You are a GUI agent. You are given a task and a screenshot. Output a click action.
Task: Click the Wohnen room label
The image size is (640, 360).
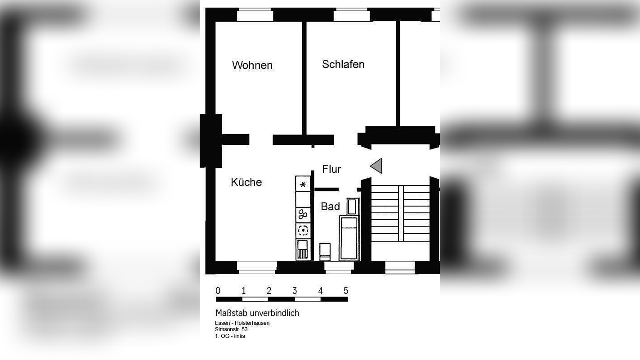click(252, 65)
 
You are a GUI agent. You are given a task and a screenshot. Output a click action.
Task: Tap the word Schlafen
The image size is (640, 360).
click(343, 64)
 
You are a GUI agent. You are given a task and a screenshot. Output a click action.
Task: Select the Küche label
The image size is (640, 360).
click(246, 182)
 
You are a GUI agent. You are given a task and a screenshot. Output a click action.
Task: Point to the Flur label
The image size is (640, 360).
click(331, 169)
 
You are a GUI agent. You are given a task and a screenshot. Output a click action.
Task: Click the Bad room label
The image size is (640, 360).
click(330, 207)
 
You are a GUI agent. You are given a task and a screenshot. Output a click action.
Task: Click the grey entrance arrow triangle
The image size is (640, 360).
click(377, 166)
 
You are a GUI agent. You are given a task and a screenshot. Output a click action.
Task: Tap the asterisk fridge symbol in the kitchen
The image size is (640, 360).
click(303, 184)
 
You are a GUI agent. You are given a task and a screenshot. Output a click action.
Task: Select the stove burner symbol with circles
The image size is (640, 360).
click(303, 214)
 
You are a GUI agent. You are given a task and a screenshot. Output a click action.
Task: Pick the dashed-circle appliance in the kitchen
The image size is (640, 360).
click(303, 230)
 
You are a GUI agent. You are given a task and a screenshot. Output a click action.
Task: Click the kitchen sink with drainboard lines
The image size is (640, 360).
click(303, 249)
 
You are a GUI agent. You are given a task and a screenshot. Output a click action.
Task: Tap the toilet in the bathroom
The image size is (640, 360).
click(325, 251)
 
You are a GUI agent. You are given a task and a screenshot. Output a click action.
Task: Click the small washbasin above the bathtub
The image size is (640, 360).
click(353, 206)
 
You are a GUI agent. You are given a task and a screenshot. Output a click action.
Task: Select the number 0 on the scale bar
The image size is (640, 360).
click(218, 291)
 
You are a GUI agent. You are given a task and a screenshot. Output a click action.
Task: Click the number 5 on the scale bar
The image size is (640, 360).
click(346, 291)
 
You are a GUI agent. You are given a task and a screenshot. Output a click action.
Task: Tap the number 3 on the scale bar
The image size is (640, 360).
click(295, 291)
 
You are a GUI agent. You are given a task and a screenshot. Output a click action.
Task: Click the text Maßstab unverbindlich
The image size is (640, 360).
click(257, 313)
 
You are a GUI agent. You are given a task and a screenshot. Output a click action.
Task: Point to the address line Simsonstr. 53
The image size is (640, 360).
click(231, 329)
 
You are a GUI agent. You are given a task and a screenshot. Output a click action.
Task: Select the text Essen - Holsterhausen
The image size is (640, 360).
click(242, 323)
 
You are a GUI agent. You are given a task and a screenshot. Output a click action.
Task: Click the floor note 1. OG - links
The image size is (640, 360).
click(230, 336)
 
